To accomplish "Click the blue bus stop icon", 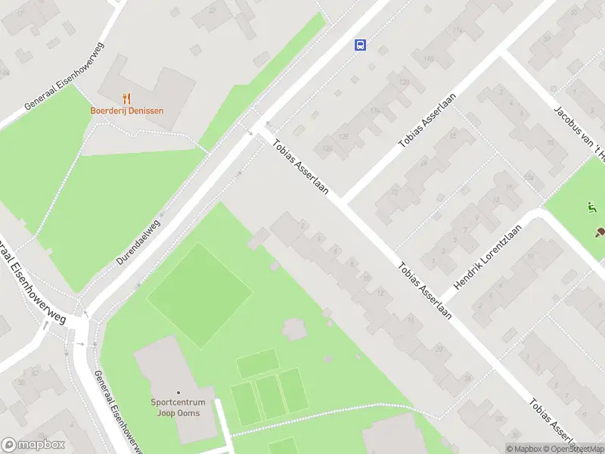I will coord(360,45).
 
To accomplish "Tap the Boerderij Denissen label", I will coord(126,110).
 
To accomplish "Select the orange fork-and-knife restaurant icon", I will coord(126,98).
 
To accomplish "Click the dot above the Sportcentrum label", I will coord(178,392).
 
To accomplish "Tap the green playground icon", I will coord(591,207).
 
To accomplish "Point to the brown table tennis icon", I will coord(599,232).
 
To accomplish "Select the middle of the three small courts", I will coord(268,396).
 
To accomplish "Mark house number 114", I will coord(458,31).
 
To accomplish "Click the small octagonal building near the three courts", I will coord(295,329).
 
